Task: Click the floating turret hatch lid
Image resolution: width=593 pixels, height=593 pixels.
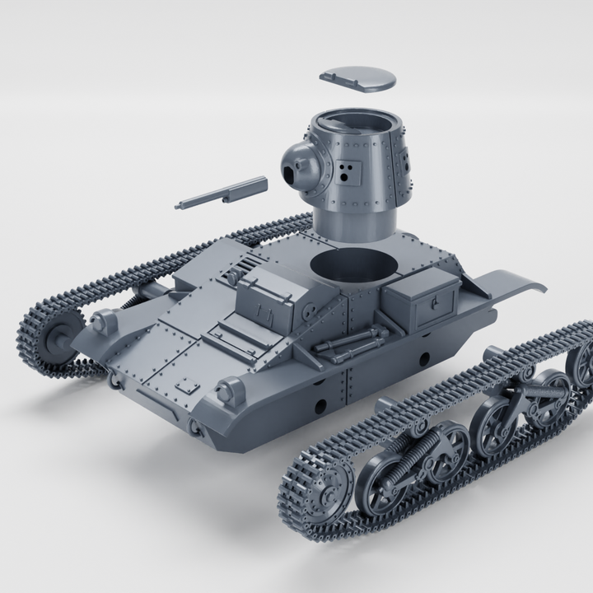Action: tap(356, 77)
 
